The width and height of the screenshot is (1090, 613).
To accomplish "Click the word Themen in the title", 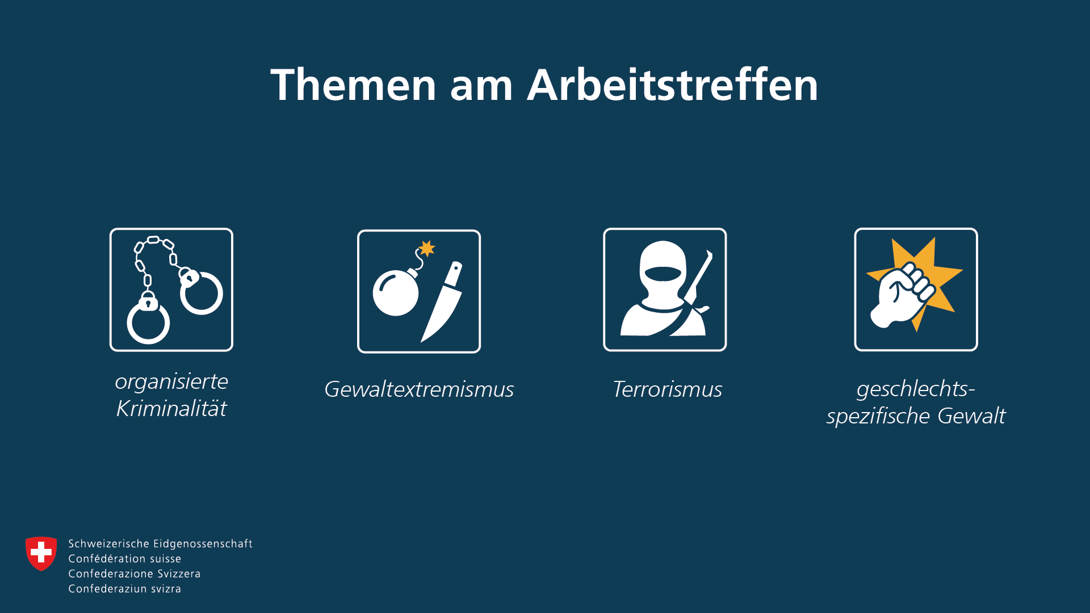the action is point(353,85).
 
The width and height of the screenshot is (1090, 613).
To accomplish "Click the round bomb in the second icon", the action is point(396,293).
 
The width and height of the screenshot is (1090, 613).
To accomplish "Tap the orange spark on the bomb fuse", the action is point(427,248).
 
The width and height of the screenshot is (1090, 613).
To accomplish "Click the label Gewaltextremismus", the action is point(419,389).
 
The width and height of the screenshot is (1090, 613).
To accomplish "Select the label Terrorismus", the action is point(667,389).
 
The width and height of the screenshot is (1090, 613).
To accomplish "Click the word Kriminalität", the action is point(171,408).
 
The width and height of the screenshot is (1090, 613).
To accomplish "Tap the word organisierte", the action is point(171,382).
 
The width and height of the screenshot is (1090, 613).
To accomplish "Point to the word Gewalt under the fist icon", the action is point(971,416).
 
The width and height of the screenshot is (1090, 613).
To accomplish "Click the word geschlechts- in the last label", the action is point(916,389).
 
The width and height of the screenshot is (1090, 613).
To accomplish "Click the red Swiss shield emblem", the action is point(41,553).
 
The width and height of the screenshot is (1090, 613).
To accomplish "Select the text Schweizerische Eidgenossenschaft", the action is point(161,544).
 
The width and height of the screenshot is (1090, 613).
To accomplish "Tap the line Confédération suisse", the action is point(125,559).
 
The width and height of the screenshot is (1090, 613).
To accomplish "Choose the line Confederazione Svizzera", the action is point(135,574).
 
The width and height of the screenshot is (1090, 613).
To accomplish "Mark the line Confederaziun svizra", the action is point(125,589).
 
